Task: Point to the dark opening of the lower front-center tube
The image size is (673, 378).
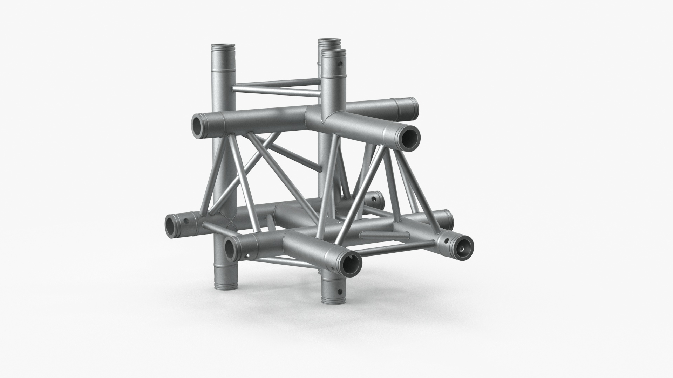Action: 351,262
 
